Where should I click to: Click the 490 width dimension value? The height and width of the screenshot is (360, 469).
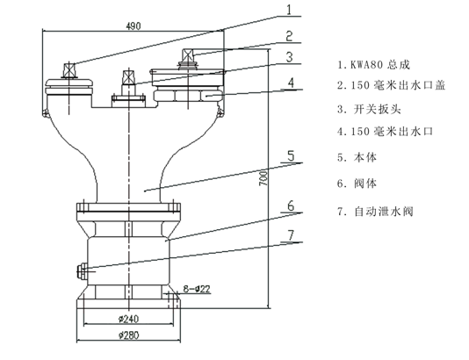tap(133, 26)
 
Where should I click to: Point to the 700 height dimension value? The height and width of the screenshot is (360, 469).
tap(263, 178)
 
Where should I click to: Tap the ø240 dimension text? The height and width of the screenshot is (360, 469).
tap(128, 319)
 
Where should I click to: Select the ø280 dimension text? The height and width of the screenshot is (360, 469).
tap(128, 335)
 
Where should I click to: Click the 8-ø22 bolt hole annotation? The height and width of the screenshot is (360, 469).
tap(197, 289)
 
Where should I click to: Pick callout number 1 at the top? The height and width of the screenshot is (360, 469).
tap(289, 10)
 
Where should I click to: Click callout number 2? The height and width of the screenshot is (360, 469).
tap(289, 36)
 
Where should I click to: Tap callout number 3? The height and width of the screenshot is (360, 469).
tap(289, 57)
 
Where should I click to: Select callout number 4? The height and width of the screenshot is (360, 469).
tap(291, 83)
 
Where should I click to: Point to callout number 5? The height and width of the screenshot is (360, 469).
tap(291, 156)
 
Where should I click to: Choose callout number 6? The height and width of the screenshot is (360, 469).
tap(291, 206)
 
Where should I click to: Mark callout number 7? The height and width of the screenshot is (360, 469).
tap(291, 235)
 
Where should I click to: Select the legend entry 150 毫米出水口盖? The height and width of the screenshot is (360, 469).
tap(392, 85)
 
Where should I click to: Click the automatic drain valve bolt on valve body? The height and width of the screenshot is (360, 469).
tap(82, 271)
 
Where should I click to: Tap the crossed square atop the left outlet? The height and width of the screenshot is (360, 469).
tap(69, 71)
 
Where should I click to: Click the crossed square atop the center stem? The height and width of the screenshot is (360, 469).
tap(128, 78)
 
